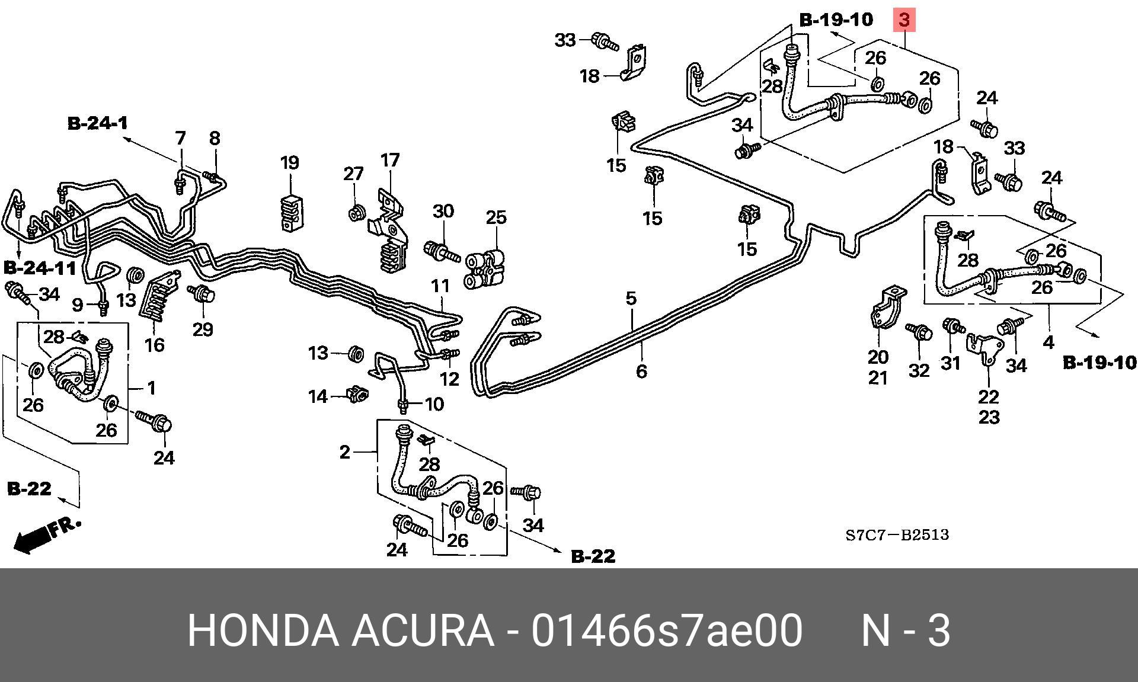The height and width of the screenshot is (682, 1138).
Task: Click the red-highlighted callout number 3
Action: point(904,20)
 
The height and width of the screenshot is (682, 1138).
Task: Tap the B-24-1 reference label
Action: point(98,123)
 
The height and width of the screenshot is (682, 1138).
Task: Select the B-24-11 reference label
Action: point(40,268)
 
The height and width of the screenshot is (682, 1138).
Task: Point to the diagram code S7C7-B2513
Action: point(897,535)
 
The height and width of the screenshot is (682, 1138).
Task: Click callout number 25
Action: point(496,217)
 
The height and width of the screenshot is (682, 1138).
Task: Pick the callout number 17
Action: point(390,160)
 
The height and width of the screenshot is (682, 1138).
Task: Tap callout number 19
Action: point(290,162)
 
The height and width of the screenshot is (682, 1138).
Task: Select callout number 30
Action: point(443,212)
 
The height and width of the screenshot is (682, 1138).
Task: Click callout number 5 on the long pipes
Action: point(631,298)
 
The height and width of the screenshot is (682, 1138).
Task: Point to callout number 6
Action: point(641,372)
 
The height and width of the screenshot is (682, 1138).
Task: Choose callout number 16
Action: point(155,344)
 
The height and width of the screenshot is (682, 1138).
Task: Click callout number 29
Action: point(203,329)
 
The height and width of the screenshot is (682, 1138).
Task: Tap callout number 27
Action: point(353,174)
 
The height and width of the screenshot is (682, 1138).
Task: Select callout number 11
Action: point(440,286)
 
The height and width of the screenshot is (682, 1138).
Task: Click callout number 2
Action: point(345,452)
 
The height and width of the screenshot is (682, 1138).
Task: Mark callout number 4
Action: point(1049,342)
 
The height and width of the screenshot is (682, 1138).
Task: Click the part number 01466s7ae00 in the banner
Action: point(667,630)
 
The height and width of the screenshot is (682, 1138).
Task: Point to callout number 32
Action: point(919,370)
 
